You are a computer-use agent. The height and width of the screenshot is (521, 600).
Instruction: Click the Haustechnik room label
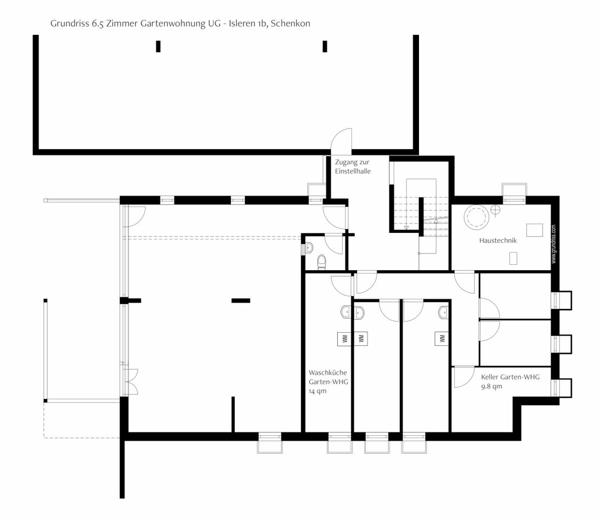498,240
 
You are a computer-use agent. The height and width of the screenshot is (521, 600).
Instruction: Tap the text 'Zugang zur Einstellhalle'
353,167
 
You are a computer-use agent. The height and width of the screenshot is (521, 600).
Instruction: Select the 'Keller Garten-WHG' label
511,377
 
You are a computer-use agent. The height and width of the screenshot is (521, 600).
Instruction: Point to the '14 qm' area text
318,391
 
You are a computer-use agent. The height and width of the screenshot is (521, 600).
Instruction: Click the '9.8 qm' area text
491,386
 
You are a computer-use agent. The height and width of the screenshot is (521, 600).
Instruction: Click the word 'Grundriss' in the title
69,23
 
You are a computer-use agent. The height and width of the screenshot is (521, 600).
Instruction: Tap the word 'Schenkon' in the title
291,23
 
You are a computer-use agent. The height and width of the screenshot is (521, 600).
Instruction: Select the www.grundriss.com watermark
554,244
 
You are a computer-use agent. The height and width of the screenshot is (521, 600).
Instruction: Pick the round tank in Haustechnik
476,217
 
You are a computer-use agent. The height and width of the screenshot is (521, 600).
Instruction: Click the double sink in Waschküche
352,312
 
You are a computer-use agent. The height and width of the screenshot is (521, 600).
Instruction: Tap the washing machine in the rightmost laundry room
442,339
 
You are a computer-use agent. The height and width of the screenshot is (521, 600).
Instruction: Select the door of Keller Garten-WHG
463,377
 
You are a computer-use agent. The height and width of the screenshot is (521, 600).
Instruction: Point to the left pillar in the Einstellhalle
158,46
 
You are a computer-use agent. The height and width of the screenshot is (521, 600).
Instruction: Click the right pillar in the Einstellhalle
325,46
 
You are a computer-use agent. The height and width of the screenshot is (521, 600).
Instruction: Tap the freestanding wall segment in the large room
241,301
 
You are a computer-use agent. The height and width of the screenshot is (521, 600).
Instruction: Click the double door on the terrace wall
131,382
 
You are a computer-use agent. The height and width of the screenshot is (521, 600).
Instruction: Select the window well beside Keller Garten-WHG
562,387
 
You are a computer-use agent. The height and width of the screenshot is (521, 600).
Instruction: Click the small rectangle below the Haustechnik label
513,258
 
